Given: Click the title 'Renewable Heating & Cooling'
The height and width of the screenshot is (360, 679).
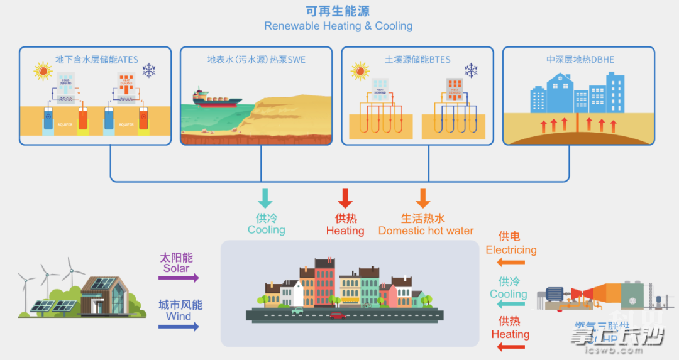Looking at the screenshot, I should click(x=338, y=26).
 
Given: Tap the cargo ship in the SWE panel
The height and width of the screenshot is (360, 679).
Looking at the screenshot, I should click(x=216, y=98).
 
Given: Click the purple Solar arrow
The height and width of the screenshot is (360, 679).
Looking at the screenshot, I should click(x=179, y=278).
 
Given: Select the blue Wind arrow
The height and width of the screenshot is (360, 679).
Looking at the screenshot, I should click(x=179, y=326).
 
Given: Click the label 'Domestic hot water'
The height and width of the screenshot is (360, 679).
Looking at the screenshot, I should click(x=426, y=231).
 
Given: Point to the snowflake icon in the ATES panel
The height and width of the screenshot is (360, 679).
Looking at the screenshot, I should click(x=148, y=70).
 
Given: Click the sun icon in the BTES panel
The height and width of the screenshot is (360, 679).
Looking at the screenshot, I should click(x=360, y=70).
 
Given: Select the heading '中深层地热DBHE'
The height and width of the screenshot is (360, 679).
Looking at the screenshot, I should click(x=580, y=60).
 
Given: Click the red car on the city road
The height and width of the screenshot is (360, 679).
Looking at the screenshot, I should click(x=338, y=315).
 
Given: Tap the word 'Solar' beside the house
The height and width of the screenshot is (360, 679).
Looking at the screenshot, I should click(x=176, y=268).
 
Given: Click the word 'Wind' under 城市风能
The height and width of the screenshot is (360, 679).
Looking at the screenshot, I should click(x=179, y=316).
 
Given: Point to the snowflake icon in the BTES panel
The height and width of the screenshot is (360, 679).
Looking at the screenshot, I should click(x=471, y=70).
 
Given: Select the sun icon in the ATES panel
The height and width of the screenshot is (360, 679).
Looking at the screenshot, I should click(x=43, y=70).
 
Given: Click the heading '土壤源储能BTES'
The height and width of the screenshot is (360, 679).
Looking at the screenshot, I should click(x=417, y=60).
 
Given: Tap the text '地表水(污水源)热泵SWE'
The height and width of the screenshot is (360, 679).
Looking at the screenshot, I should click(x=257, y=60).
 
